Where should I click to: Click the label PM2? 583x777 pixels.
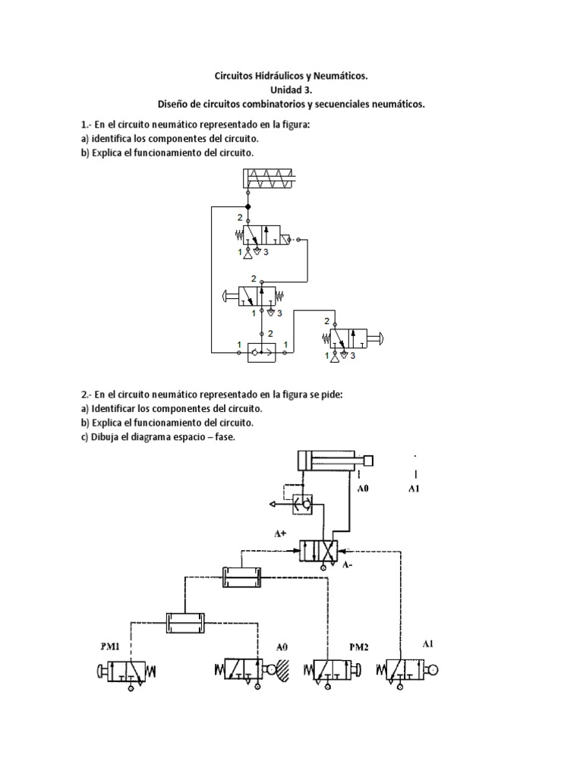359,647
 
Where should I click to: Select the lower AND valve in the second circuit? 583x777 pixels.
186,622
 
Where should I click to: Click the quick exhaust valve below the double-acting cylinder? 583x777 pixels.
302,502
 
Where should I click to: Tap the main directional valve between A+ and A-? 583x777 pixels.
323,551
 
